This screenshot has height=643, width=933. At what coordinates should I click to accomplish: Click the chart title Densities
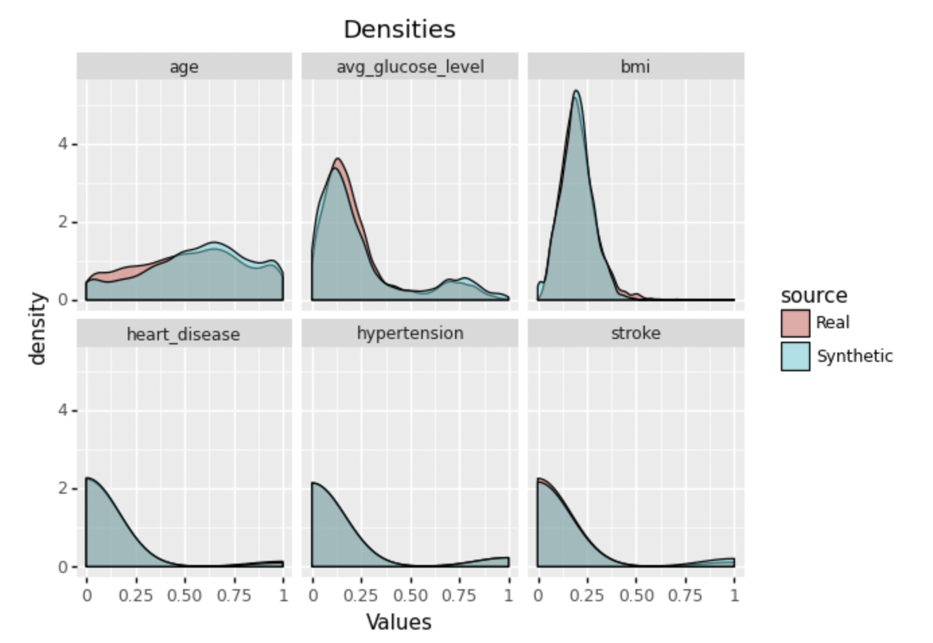click(399, 30)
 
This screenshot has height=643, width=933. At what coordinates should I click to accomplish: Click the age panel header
click(184, 67)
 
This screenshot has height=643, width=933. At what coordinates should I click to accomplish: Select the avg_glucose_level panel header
click(410, 67)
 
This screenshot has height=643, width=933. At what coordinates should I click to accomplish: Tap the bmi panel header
click(635, 67)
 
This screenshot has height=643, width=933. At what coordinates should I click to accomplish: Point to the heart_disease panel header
click(184, 334)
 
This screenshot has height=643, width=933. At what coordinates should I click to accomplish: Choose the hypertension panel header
click(410, 334)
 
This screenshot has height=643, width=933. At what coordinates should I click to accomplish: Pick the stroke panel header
click(635, 334)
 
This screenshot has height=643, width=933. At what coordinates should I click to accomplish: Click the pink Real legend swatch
click(795, 323)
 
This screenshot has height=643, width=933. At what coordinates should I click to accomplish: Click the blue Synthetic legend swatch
click(795, 356)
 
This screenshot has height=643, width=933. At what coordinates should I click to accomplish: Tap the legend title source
click(814, 295)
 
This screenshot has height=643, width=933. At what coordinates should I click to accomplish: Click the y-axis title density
click(38, 328)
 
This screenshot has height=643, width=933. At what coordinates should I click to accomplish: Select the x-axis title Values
click(399, 621)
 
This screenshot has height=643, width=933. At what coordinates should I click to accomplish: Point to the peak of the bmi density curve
click(576, 91)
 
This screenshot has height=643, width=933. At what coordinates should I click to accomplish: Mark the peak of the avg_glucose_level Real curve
click(338, 159)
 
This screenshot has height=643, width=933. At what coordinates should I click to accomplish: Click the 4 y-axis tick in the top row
click(63, 144)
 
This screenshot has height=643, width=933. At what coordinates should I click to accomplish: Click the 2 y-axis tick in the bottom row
click(63, 488)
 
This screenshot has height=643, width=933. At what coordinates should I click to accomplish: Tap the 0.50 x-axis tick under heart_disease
click(184, 595)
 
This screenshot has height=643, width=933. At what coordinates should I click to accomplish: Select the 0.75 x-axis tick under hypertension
click(459, 595)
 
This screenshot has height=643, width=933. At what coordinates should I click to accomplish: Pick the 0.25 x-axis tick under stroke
click(587, 595)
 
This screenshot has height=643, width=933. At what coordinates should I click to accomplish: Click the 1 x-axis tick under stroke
click(734, 595)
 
